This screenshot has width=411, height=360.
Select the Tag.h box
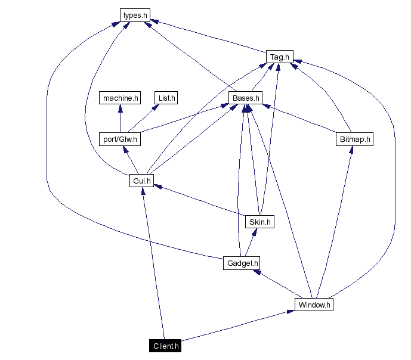(279, 57)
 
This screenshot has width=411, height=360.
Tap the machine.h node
(120, 98)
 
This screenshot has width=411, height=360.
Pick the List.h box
(166, 98)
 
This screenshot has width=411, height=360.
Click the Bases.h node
(245, 98)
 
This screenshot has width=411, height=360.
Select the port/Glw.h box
(120, 139)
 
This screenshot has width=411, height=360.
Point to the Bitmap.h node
(354, 139)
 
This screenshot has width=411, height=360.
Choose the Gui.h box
(141, 180)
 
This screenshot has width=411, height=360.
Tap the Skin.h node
(259, 222)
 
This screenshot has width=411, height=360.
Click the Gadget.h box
(242, 263)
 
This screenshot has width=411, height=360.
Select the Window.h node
(314, 305)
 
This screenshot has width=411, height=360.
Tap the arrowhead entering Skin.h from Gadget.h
(255, 232)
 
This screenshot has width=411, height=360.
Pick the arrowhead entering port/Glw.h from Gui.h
(125, 149)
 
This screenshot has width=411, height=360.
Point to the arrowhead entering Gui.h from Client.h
(143, 191)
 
